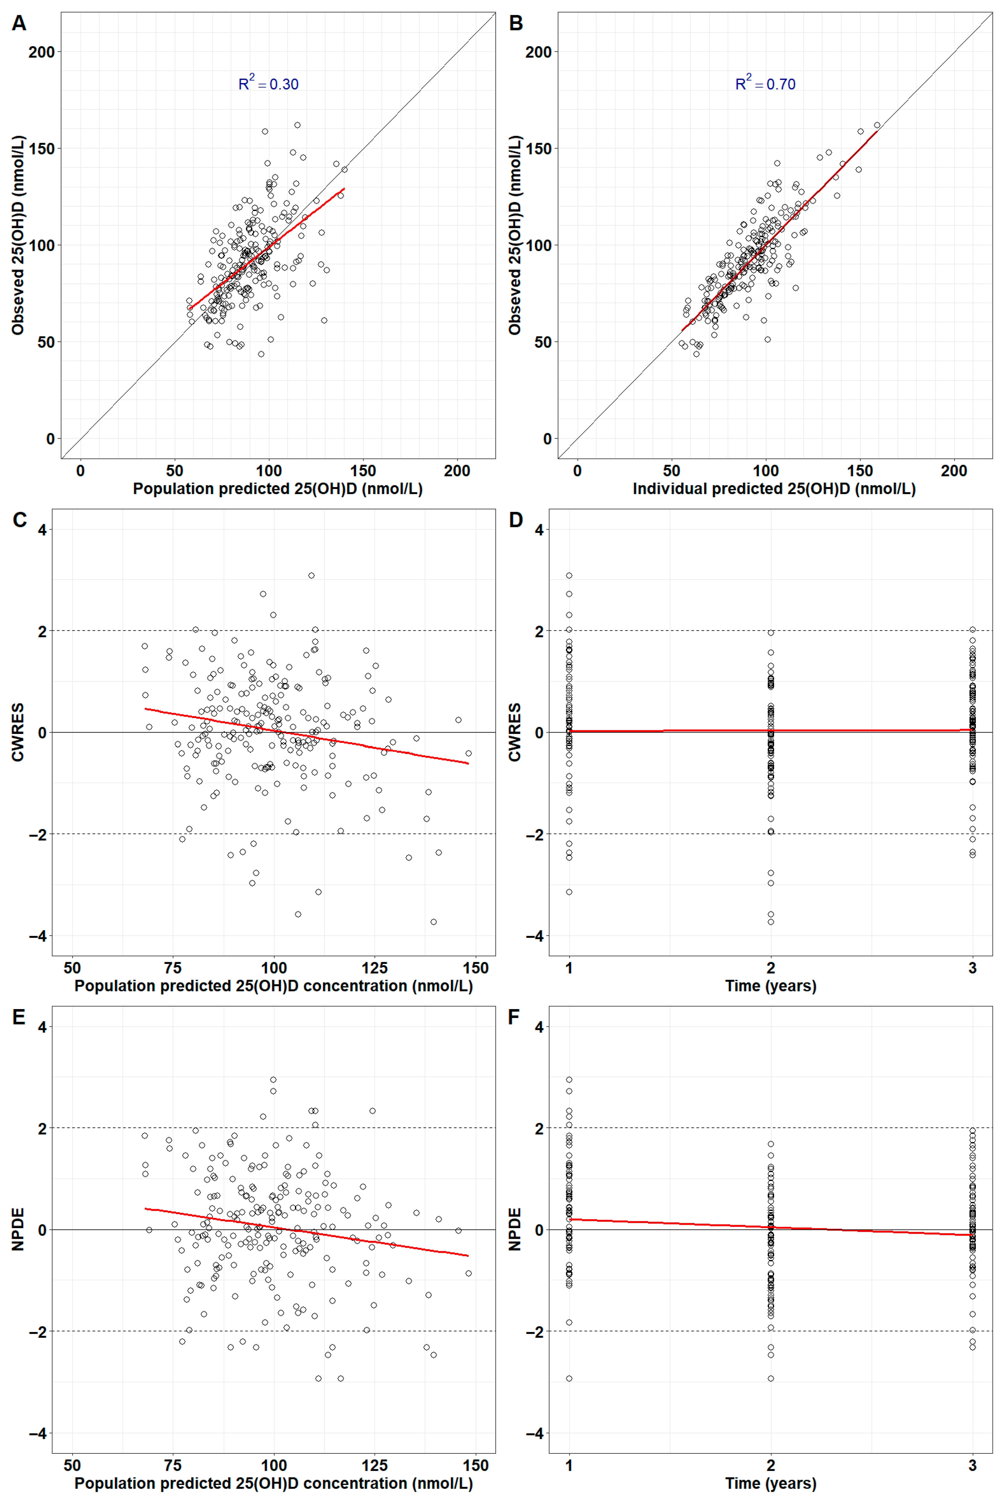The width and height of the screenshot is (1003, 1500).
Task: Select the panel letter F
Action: [514, 1017]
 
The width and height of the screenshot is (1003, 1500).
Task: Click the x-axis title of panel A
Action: [278, 489]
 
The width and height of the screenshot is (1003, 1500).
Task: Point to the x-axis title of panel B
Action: [774, 489]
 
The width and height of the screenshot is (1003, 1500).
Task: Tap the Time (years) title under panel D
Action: [771, 986]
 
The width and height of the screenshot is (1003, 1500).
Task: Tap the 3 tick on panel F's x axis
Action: [972, 1465]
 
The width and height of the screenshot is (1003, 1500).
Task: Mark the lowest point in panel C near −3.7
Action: [434, 922]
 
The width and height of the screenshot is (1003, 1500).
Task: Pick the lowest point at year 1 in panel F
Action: [569, 1378]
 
